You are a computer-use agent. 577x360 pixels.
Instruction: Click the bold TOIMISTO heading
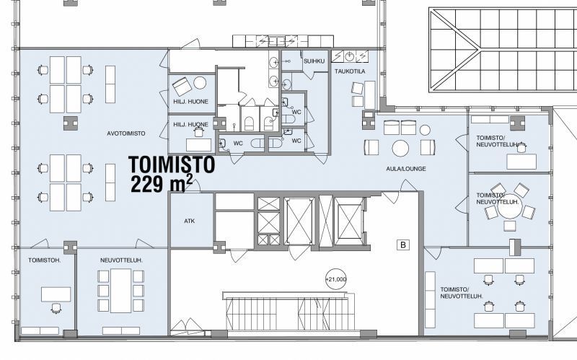coord(172,164)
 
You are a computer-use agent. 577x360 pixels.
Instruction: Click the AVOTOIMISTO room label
coord(125,133)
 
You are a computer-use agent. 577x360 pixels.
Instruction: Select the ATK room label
coord(189,221)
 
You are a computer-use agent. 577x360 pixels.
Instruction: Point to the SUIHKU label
coord(314,61)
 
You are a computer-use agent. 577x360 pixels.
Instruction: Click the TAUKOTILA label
coord(350,71)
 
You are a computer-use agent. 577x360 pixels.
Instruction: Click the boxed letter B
coord(403,245)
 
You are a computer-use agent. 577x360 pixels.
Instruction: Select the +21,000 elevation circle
coord(336,279)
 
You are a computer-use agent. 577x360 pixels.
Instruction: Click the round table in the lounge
coord(400,148)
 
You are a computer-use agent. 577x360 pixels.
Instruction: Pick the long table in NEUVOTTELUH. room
coord(120,291)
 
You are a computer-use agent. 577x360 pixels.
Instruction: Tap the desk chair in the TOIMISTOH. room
coord(56,308)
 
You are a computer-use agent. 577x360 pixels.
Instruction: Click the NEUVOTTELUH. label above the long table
coord(121,260)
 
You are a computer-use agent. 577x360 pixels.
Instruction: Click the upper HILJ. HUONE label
coord(190,102)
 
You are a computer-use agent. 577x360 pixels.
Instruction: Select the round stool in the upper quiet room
coord(200,83)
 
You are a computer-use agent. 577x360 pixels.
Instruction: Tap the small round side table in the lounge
coord(425,130)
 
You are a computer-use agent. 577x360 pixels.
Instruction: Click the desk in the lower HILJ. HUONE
coord(199,145)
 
